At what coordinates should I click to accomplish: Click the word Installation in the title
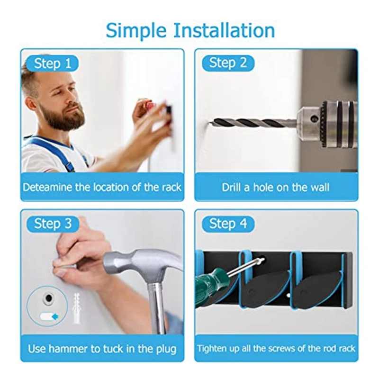[x=224, y=30]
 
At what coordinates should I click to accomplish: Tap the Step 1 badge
[x=53, y=63]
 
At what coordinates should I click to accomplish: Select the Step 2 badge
[x=228, y=63]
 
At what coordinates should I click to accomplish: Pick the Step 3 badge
[x=53, y=224]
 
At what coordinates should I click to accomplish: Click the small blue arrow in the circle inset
[x=55, y=316]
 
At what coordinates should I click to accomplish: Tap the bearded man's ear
[x=31, y=103]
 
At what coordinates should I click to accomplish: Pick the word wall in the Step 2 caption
[x=320, y=187]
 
